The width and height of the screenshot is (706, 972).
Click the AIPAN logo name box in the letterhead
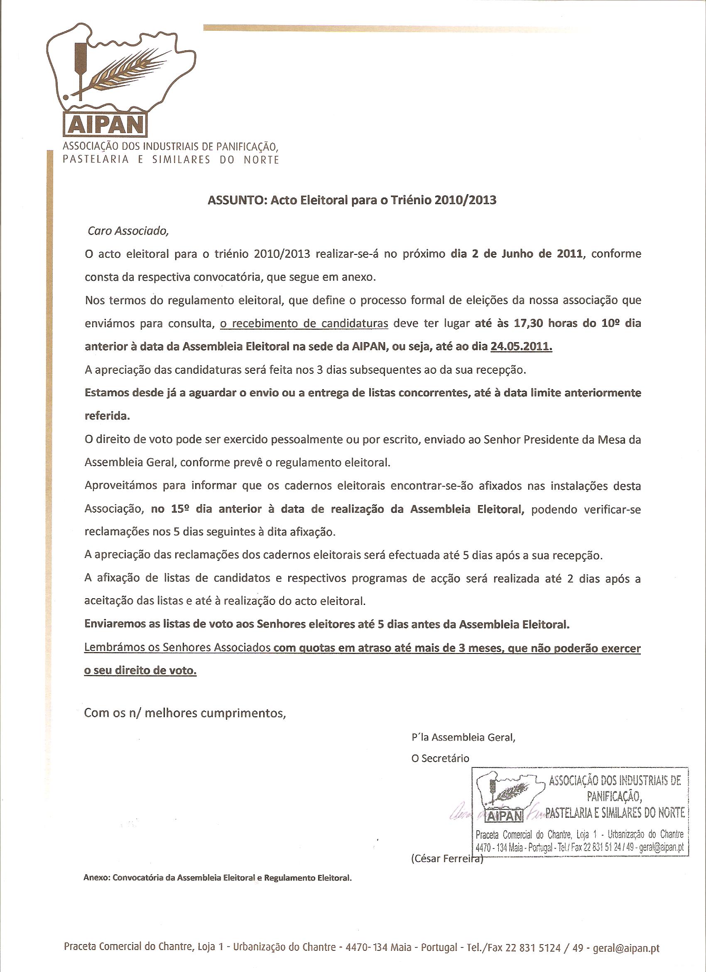(105, 124)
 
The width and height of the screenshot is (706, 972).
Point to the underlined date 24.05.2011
(522, 346)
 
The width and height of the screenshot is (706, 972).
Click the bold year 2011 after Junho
(569, 254)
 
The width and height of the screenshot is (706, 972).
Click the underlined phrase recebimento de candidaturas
(304, 323)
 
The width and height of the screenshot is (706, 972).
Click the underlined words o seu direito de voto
(140, 671)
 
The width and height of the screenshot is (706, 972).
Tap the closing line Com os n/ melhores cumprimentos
(184, 713)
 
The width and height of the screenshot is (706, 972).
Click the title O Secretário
(440, 759)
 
